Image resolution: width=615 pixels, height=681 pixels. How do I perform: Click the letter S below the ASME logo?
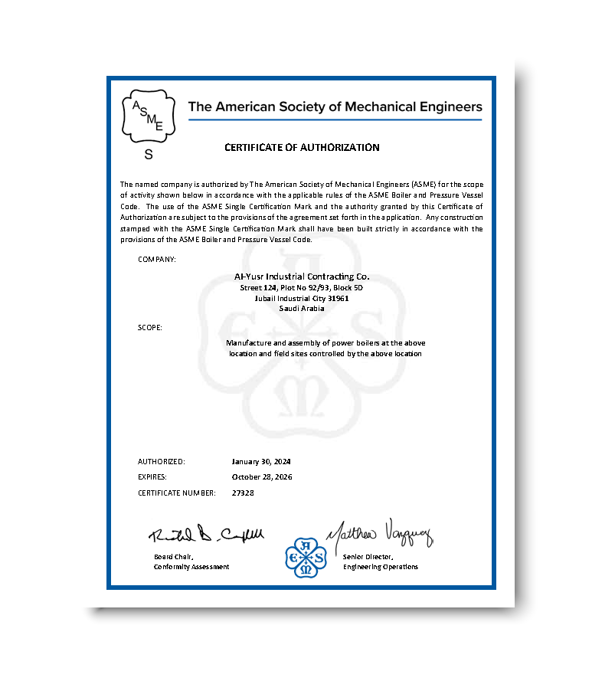tap(149, 155)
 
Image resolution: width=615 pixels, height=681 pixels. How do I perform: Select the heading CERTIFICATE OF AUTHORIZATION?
tap(302, 147)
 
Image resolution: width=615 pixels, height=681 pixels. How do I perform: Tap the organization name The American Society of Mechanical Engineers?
tap(335, 106)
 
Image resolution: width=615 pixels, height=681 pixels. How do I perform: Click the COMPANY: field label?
tap(157, 259)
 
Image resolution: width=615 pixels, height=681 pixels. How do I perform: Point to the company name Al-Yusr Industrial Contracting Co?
tap(301, 276)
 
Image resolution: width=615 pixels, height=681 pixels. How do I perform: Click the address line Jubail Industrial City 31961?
tap(301, 298)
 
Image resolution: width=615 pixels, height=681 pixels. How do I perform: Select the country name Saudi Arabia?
tap(301, 308)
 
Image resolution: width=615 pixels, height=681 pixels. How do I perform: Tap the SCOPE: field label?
tap(150, 327)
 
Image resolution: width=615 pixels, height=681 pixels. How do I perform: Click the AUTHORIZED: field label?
tap(162, 462)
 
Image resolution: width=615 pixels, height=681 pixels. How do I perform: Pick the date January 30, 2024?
tap(261, 462)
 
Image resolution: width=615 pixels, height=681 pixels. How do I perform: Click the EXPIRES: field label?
tap(152, 476)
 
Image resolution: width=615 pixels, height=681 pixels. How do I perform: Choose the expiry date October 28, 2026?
tap(262, 476)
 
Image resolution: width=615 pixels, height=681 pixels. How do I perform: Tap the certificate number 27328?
tap(243, 493)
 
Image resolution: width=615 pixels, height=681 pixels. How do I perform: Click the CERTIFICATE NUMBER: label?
tap(175, 493)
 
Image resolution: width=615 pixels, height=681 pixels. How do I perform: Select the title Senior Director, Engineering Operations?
tap(381, 561)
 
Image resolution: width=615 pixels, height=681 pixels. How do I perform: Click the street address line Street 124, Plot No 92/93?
tap(301, 287)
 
